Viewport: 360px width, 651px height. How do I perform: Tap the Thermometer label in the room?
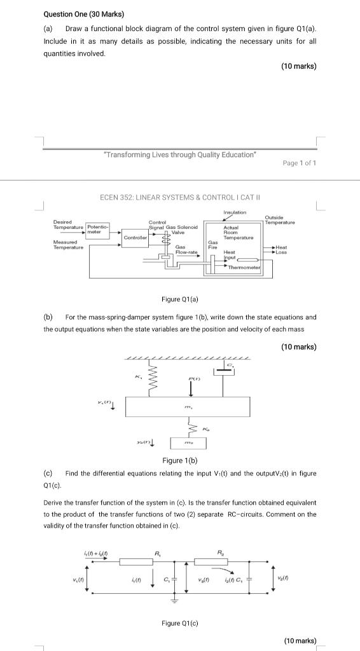(x=244, y=267)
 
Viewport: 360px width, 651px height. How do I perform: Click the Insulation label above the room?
(x=235, y=212)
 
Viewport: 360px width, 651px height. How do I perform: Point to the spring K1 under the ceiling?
(x=152, y=379)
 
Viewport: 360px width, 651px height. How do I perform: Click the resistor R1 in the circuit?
(x=158, y=561)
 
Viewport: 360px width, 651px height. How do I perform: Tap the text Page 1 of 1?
(x=299, y=163)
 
